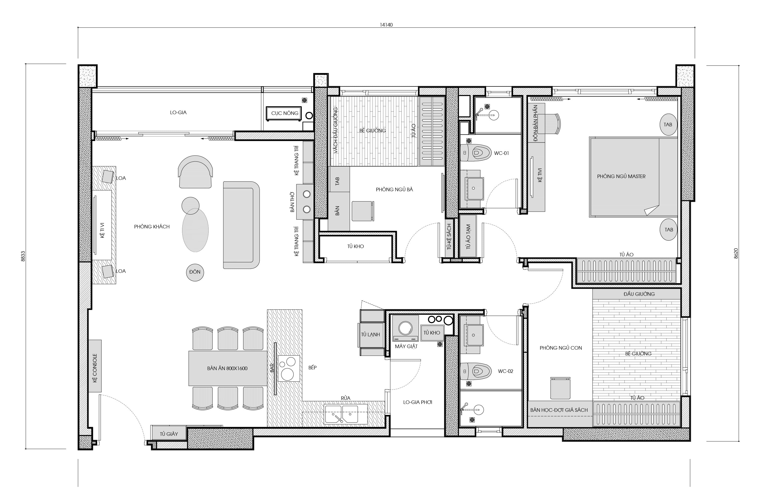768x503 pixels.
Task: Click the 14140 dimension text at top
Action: (x=386, y=25)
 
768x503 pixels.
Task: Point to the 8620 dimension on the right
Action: (x=736, y=253)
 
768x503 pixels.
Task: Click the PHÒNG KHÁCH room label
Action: (x=152, y=227)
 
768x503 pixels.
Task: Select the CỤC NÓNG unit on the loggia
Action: (x=284, y=113)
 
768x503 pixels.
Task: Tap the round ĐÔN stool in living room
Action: (x=195, y=272)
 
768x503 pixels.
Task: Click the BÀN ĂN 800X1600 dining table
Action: (x=228, y=368)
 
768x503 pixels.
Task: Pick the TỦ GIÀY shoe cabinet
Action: (x=169, y=434)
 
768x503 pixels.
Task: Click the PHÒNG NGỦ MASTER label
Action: (x=621, y=176)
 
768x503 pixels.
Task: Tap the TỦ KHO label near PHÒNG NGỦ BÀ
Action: (x=356, y=246)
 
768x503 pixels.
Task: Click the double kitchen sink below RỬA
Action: (x=346, y=414)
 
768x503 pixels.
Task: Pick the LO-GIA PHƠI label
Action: (x=418, y=402)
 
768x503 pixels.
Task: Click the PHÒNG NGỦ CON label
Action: (x=561, y=348)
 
